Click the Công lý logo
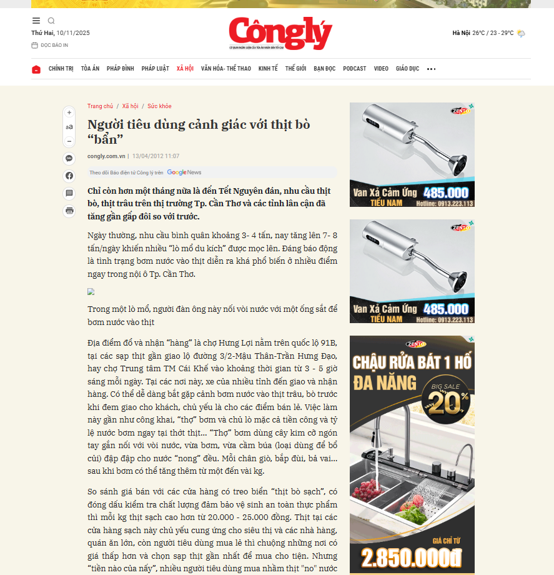pyautogui.click(x=280, y=33)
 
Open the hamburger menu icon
pyautogui.click(x=36, y=21)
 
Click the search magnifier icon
pyautogui.click(x=51, y=21)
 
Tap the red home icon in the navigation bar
pyautogui.click(x=36, y=69)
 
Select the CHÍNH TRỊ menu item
pyautogui.click(x=61, y=69)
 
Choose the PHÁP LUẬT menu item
pyautogui.click(x=155, y=69)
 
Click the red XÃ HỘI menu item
pyautogui.click(x=185, y=69)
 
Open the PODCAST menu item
pyautogui.click(x=355, y=69)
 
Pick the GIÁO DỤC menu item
pyautogui.click(x=407, y=69)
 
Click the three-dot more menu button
pyautogui.click(x=431, y=69)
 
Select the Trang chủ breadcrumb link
pyautogui.click(x=100, y=106)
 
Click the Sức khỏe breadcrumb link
pyautogui.click(x=159, y=106)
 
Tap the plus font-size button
pyautogui.click(x=69, y=112)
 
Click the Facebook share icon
pyautogui.click(x=69, y=176)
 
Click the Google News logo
pyautogui.click(x=184, y=172)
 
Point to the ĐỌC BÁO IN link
pyautogui.click(x=54, y=46)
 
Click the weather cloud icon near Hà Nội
pyautogui.click(x=521, y=33)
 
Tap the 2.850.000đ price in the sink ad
pyautogui.click(x=412, y=557)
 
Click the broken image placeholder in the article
pyautogui.click(x=91, y=291)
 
